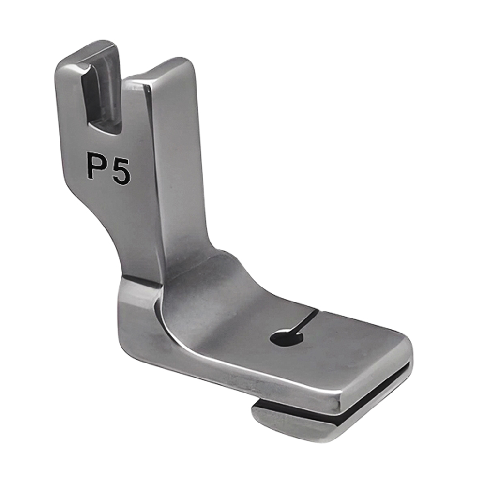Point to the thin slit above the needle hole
click(309, 319)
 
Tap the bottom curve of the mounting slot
click(104, 128)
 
